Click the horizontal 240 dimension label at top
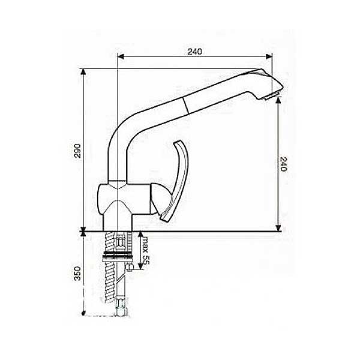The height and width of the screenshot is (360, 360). pos(194,52)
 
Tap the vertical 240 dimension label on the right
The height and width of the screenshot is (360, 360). pos(284,164)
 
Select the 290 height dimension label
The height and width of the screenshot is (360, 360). pos(78,151)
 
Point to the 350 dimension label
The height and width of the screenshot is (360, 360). pos(77,273)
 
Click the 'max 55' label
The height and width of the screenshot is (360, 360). pos(146,251)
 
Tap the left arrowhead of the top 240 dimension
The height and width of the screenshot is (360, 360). pos(121,56)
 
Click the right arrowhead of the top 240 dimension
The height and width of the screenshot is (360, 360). pos(269,56)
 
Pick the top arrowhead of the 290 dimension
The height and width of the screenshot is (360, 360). pos(83,71)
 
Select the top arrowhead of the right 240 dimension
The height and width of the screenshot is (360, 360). pos(278,100)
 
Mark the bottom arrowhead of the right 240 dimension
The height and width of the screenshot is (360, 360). pos(278,228)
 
